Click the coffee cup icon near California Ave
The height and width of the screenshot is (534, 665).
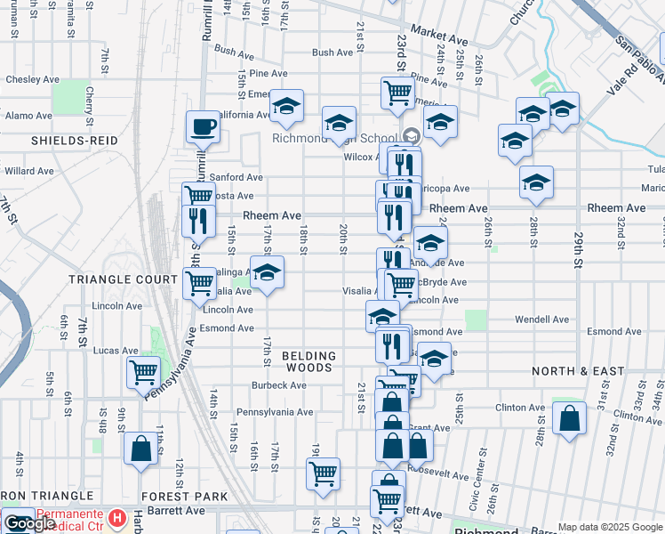click(203, 126)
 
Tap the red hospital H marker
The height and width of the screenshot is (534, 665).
click(116, 517)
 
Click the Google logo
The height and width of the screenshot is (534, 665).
click(28, 523)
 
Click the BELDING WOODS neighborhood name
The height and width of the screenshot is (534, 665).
click(308, 361)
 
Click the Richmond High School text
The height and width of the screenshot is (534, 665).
click(333, 139)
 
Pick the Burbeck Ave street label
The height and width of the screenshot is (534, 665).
click(278, 385)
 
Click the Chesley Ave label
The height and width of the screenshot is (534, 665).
click(33, 79)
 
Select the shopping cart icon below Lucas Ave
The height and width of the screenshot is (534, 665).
click(142, 372)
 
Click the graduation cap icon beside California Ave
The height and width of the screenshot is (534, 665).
click(286, 106)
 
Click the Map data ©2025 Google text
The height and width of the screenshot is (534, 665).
click(610, 527)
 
